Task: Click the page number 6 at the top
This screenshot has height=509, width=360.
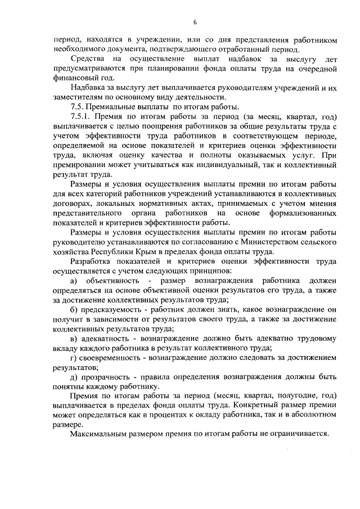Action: pyautogui.click(x=195, y=22)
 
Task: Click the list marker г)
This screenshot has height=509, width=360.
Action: pyautogui.click(x=73, y=358)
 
